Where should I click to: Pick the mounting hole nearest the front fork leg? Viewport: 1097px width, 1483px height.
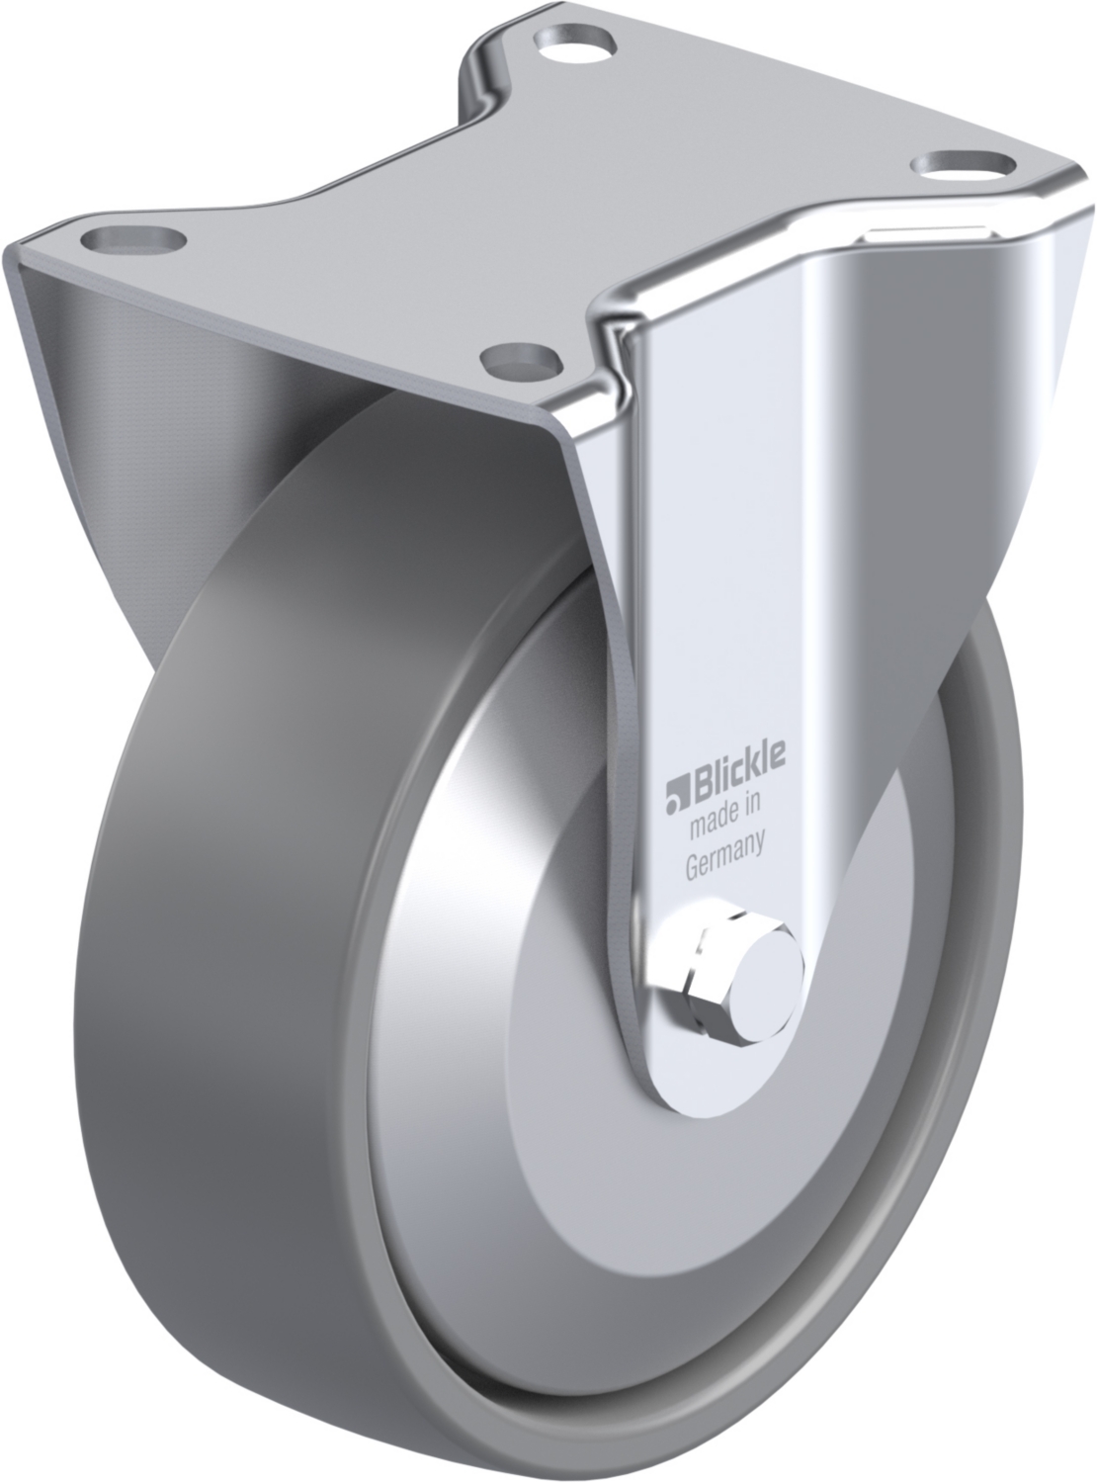pyautogui.click(x=524, y=362)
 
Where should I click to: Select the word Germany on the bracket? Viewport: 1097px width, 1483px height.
pyautogui.click(x=725, y=860)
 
